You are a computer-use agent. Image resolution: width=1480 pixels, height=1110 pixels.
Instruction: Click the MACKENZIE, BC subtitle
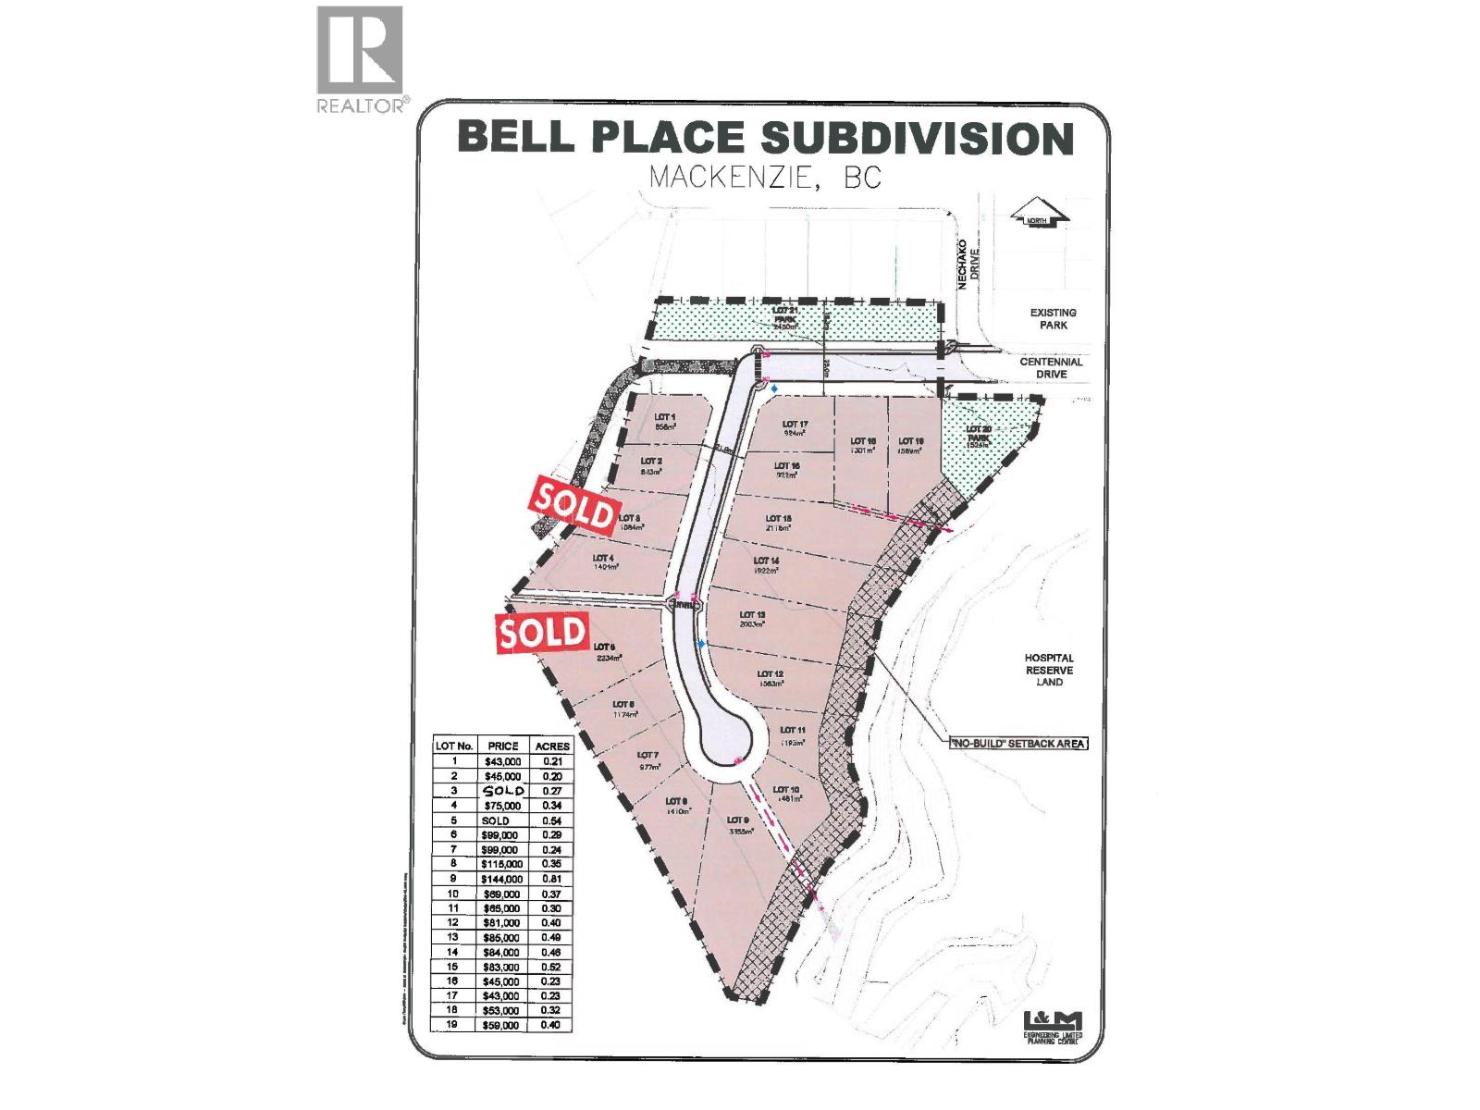[765, 177]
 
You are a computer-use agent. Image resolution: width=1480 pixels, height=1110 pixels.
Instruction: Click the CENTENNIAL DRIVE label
[1051, 368]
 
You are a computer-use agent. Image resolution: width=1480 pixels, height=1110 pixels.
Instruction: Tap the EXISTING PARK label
[1053, 319]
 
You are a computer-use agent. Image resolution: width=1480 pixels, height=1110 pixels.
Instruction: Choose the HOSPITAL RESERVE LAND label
[1049, 670]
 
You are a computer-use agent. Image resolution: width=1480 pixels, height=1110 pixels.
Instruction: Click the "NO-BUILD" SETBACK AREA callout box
[1015, 743]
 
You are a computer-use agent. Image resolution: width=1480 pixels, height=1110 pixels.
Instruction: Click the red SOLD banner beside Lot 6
[544, 633]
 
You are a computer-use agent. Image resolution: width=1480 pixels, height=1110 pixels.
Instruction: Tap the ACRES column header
[552, 746]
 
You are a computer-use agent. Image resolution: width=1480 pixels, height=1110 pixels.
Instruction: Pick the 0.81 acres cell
[552, 879]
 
